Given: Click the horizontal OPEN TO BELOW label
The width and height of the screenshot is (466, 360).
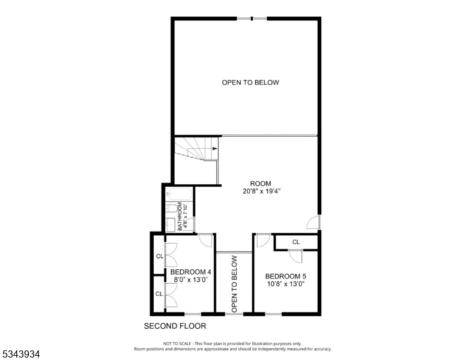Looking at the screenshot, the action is click(250, 82).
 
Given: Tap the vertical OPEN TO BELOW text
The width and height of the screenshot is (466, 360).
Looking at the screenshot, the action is click(234, 284).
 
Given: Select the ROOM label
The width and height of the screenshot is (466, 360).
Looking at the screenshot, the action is click(261, 184).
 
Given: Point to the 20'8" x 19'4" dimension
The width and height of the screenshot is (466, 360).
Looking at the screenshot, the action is click(262, 191).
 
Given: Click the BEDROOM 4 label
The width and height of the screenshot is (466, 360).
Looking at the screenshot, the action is click(191, 272).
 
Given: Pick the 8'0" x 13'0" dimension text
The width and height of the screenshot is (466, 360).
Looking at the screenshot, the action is click(190, 280).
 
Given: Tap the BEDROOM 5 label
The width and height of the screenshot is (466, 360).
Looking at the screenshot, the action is click(286, 276).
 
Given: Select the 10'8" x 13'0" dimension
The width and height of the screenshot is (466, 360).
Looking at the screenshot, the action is click(286, 284).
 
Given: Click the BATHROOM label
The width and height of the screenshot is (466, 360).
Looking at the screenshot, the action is click(180, 216).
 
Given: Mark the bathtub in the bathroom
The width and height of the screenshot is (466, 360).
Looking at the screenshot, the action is click(178, 194).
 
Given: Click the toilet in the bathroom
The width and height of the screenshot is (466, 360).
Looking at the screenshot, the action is click(171, 208).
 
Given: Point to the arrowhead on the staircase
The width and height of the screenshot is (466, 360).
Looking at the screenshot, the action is click(215, 149).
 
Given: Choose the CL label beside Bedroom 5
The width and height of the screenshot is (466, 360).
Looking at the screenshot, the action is click(296, 242).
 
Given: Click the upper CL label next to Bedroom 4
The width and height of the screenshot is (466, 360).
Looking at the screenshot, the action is click(160, 256).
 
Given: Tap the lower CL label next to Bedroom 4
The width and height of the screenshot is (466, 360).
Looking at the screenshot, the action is click(159, 294).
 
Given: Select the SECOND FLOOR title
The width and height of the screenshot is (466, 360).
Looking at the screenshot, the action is click(175, 326).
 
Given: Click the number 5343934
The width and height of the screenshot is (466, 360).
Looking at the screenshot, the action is click(21, 354).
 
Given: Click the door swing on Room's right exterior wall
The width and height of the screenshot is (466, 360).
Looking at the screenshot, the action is click(313, 222).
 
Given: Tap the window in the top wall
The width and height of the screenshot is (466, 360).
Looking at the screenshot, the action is click(252, 19).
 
